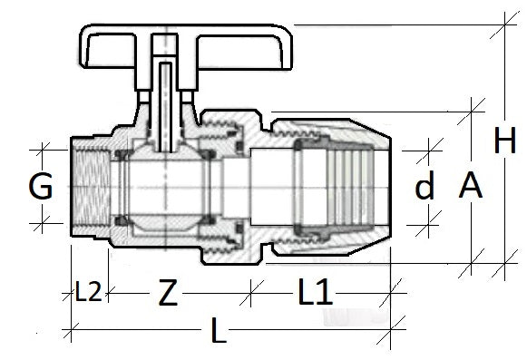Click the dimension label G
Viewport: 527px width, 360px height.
coord(39,188)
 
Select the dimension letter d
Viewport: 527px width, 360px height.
coord(425,188)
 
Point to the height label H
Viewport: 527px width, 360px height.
coord(504,141)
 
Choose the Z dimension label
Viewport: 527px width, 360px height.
coord(167,293)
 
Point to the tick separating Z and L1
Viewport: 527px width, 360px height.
coord(253,293)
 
